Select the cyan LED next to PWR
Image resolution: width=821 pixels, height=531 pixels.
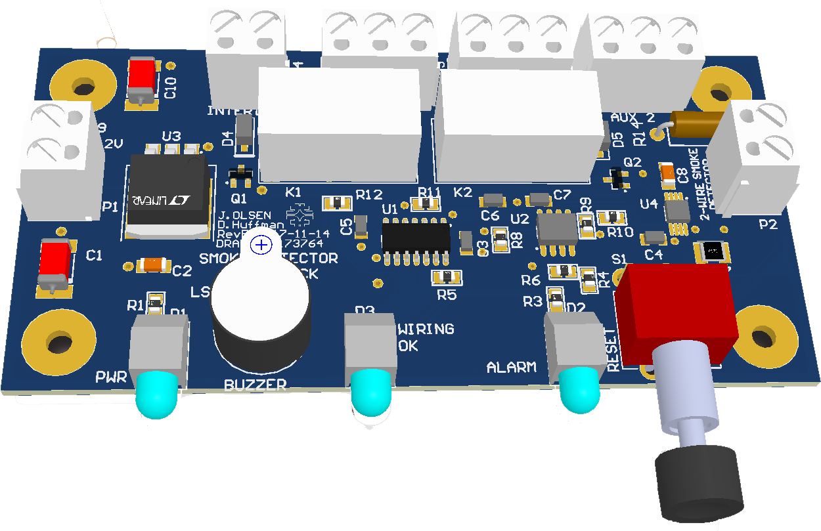(x=157, y=393)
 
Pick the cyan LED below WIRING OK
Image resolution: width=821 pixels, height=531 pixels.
(x=372, y=391)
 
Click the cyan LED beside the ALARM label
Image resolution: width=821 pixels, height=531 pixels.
(x=580, y=389)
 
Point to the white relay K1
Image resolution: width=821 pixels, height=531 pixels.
(x=339, y=125)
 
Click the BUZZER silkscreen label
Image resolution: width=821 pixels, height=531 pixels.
(x=255, y=385)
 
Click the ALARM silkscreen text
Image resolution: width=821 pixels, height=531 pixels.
(x=511, y=367)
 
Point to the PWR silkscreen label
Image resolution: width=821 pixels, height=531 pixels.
(x=110, y=377)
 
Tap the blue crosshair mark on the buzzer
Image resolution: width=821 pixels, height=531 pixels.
(x=262, y=245)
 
